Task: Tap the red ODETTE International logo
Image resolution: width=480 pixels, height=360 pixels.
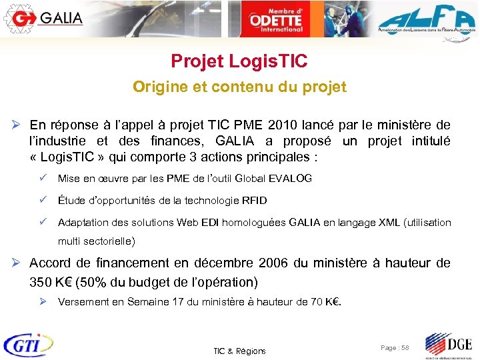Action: point(275,19)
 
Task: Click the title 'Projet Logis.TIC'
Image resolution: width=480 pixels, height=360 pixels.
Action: point(239,62)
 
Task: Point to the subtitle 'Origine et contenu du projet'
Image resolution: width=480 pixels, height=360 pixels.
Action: point(239,87)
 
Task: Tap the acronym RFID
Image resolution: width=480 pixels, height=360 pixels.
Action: point(253,201)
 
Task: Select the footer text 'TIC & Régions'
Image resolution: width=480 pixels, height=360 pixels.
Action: point(239,351)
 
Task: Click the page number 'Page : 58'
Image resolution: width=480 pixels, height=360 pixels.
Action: point(395,348)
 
